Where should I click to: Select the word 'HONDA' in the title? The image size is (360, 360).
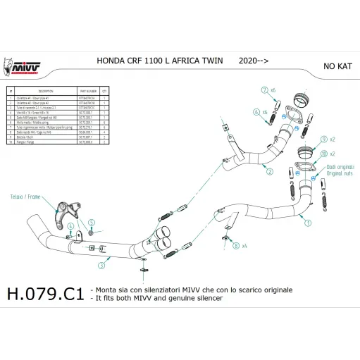tap(111, 61)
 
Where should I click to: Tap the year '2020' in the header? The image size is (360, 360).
tap(248, 61)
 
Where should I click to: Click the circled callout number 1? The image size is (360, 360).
tap(307, 222)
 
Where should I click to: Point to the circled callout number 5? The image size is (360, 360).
tap(91, 223)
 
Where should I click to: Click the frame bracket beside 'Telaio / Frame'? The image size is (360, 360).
tap(68, 209)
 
